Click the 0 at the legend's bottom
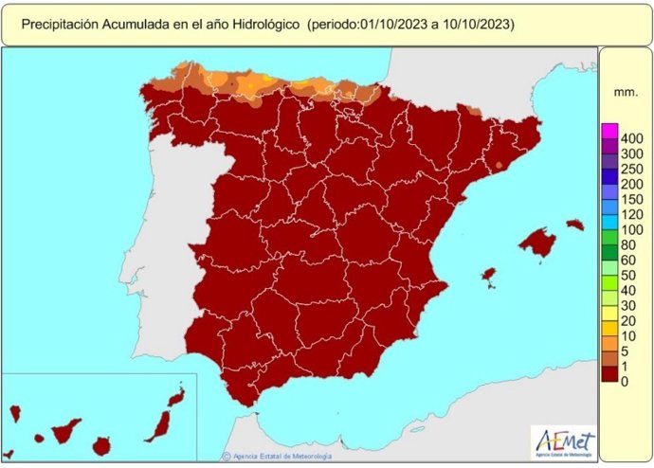point(623,382)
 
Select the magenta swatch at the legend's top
point(609,130)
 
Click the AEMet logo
point(565,441)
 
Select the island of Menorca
point(575,225)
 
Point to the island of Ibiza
point(489,276)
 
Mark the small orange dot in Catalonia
point(500,166)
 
